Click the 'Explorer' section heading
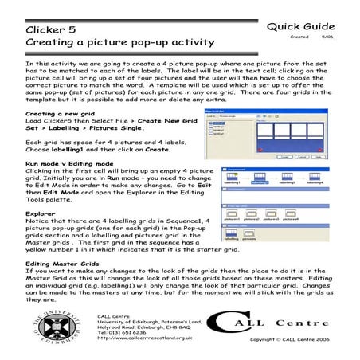click(x=41, y=213)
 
